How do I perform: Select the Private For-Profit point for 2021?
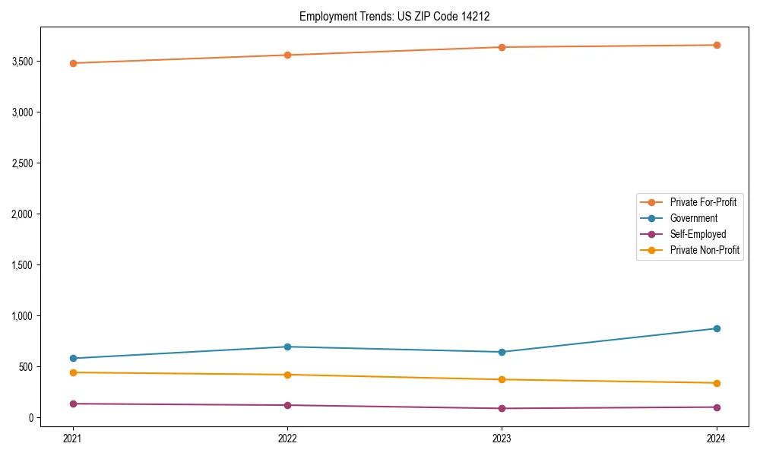coord(73,63)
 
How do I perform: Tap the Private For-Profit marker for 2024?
coord(717,45)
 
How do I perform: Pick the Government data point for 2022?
coord(287,347)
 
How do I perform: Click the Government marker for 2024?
coord(717,328)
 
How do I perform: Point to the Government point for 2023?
coord(502,352)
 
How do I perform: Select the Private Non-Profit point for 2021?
coord(73,372)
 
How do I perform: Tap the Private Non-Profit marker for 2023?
coord(502,379)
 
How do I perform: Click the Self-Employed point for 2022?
coord(287,405)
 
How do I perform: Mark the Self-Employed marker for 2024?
coord(717,407)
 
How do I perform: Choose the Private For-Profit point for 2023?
coord(502,47)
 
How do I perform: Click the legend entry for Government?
coord(693,218)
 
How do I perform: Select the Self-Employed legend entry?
coord(698,234)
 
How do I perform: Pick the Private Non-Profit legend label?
coord(705,250)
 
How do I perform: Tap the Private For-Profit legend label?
coord(703,202)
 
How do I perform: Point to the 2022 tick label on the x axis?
coord(287,438)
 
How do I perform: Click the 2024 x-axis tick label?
coord(717,438)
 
